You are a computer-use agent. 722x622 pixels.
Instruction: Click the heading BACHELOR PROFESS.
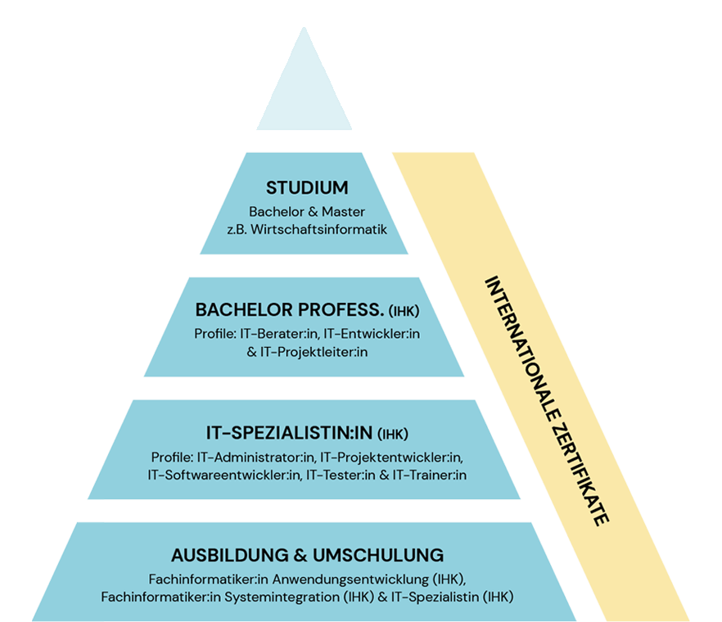pyautogui.click(x=290, y=311)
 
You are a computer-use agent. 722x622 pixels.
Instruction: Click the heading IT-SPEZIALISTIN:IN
pyautogui.click(x=291, y=433)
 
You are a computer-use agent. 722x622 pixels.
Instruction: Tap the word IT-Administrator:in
pyautogui.click(x=255, y=456)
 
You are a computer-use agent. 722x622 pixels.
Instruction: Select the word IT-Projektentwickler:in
pyautogui.click(x=391, y=456)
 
